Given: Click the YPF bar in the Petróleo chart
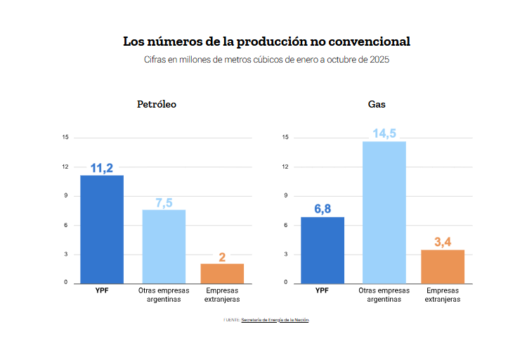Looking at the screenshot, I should point(102,229).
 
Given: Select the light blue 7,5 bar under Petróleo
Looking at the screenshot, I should point(164,246).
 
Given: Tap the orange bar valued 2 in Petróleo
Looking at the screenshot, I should point(222,274).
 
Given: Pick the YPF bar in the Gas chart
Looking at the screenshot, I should point(323,250).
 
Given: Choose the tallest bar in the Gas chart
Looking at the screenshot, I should point(384,212).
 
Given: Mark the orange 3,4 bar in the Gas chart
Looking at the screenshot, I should point(443,266).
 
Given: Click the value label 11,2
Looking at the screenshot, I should point(102,168).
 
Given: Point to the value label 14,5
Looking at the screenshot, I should point(384,134).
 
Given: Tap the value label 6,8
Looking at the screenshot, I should point(323,209).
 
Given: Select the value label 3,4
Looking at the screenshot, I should point(443,242).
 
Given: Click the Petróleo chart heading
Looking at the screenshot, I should point(156,104).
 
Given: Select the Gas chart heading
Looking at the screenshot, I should point(377,104).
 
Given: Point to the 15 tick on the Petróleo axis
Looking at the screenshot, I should point(65,137).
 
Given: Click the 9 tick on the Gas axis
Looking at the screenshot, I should point(285,195).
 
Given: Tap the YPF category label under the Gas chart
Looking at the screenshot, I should point(323,290).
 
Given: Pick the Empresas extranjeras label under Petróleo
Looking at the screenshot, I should point(222,295).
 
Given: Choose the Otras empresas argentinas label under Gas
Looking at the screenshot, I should point(384,295).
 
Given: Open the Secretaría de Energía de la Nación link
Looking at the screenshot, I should point(275,320).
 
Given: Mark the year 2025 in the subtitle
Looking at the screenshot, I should point(377,60).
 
